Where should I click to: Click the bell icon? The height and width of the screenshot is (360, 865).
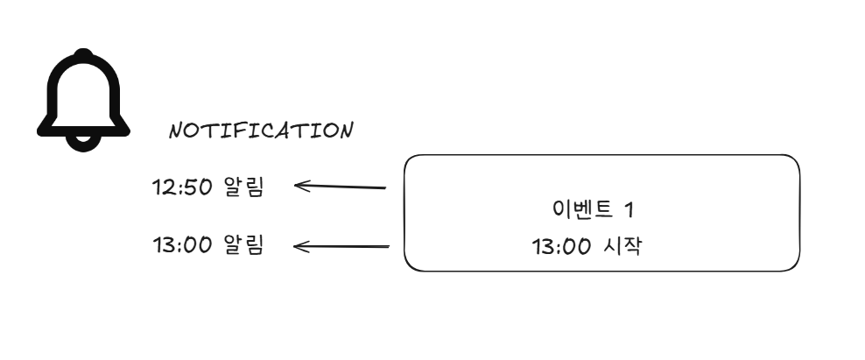[x=83, y=98]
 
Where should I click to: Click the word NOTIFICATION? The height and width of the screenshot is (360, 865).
[x=261, y=131]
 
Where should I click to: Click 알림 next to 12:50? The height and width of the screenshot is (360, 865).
[x=243, y=187]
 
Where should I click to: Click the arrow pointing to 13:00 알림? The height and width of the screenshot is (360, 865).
[x=341, y=246]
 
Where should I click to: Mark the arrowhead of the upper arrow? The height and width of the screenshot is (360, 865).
[x=300, y=185]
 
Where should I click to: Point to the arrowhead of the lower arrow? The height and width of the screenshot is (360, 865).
[x=299, y=246]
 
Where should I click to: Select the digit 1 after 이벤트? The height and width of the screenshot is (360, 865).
[x=628, y=210]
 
